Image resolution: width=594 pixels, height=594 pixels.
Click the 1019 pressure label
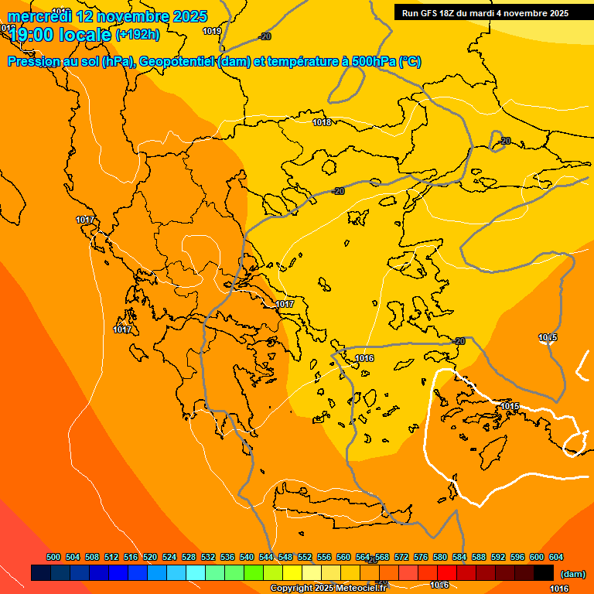(x=212, y=31)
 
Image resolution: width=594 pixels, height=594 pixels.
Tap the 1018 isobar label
(x=322, y=122)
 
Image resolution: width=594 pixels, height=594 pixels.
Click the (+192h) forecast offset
(x=138, y=35)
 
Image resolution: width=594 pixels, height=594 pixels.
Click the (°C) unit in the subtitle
(x=410, y=62)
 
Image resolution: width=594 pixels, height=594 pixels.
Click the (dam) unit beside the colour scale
(x=572, y=574)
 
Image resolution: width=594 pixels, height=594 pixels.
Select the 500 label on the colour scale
(x=53, y=558)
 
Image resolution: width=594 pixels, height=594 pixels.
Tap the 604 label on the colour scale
(x=556, y=558)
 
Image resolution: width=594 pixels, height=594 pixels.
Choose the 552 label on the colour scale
(x=305, y=558)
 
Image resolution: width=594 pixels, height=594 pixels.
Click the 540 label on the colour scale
(x=247, y=558)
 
